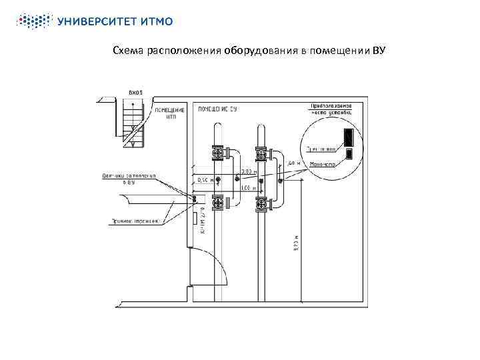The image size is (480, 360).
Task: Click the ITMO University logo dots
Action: (34, 21)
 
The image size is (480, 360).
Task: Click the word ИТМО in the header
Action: (157, 21)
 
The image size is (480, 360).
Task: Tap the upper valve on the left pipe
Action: (218, 154)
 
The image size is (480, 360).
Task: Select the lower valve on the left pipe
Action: (218, 202)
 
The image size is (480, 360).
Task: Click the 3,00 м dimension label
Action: (247, 172)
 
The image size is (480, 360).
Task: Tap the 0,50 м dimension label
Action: (207, 179)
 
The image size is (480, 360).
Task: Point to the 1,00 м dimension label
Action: (247, 189)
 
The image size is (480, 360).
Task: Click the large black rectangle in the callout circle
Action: (347, 137)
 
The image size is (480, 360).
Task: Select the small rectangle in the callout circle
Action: (349, 155)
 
